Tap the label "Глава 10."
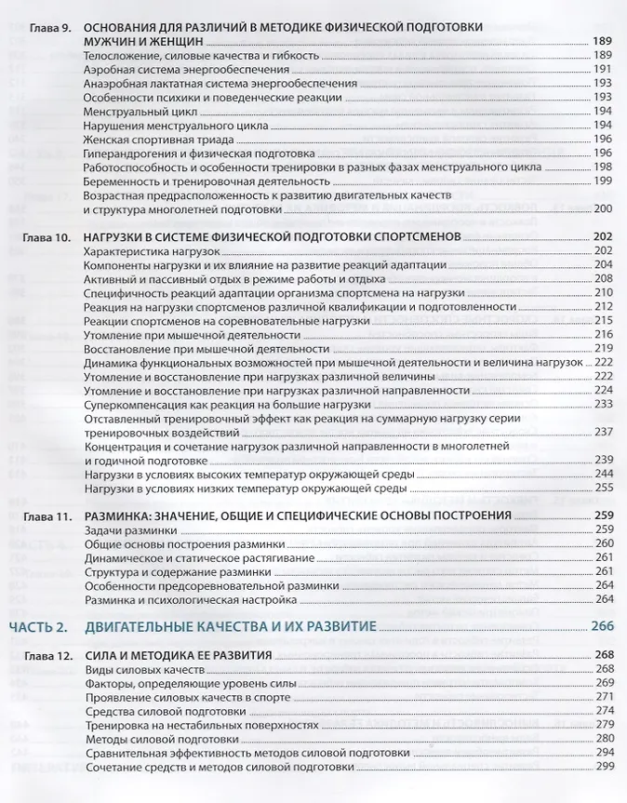tap(41, 237)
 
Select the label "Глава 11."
tap(41, 515)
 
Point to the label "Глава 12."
tap(41, 655)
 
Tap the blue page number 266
tap(601, 626)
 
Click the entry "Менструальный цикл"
tap(134, 111)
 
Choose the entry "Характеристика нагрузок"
tap(150, 251)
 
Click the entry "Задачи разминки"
tap(129, 529)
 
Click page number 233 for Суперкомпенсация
tap(603, 405)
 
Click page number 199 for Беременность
tap(603, 181)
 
